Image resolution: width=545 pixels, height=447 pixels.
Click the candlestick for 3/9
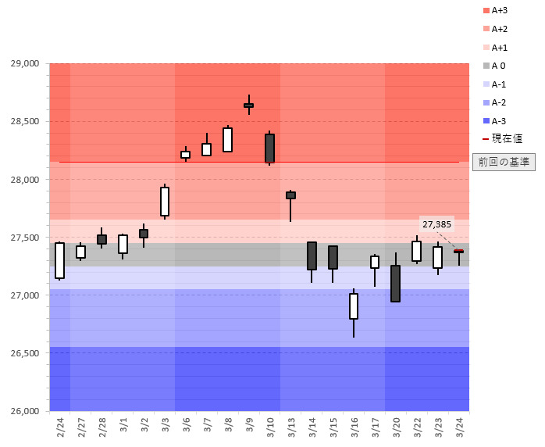pos(248,105)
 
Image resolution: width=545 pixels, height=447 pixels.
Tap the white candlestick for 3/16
pos(354,306)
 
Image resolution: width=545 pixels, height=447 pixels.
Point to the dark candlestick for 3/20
pos(395,283)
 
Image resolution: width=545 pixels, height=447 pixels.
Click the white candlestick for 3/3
pos(165,202)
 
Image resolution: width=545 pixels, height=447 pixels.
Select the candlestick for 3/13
pos(290,195)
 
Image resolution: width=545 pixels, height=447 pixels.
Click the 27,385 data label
pos(436,224)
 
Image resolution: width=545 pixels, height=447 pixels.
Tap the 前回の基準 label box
pos(504,163)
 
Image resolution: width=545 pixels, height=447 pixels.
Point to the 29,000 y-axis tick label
pos(24,63)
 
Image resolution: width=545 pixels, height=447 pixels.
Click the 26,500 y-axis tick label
pos(24,353)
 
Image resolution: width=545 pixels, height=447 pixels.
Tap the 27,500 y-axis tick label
pos(24,238)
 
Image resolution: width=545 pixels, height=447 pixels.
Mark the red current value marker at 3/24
pos(458,251)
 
